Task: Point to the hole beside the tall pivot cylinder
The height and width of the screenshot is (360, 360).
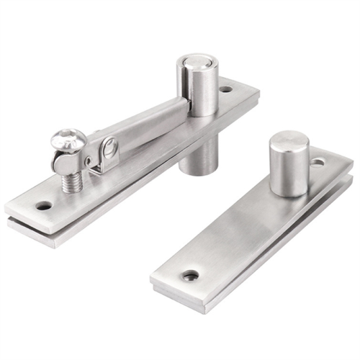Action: [226, 90]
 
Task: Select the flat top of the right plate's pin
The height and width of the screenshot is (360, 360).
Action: [289, 138]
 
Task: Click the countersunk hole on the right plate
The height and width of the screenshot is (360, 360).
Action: [191, 275]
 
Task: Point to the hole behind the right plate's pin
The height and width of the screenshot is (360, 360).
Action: [318, 163]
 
